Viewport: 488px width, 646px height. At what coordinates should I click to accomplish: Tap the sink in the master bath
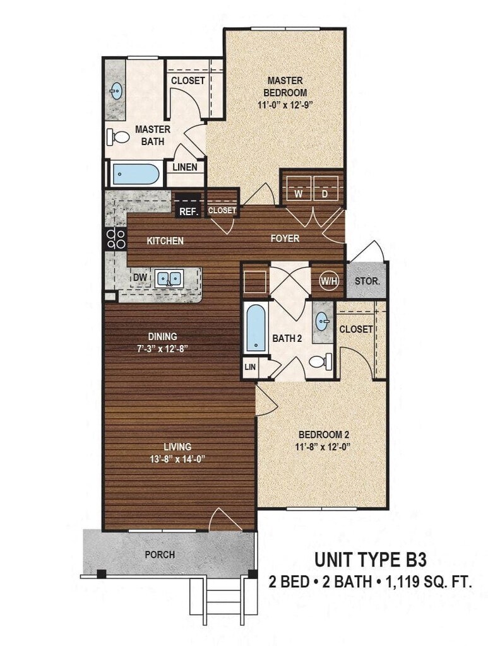(x=116, y=91)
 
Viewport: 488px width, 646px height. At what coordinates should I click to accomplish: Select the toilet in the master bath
(x=118, y=136)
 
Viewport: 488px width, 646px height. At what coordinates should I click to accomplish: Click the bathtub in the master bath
(x=135, y=174)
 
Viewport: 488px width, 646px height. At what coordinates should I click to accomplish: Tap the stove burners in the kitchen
(x=116, y=238)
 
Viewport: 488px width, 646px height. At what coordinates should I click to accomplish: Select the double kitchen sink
(x=169, y=278)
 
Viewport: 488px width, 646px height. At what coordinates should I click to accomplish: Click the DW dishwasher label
(x=140, y=277)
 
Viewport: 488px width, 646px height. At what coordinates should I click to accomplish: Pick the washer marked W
(x=297, y=194)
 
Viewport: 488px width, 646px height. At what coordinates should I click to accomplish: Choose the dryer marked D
(x=325, y=194)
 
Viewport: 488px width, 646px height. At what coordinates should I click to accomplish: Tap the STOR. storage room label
(x=367, y=281)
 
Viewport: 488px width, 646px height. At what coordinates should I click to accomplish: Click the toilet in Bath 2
(x=319, y=361)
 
